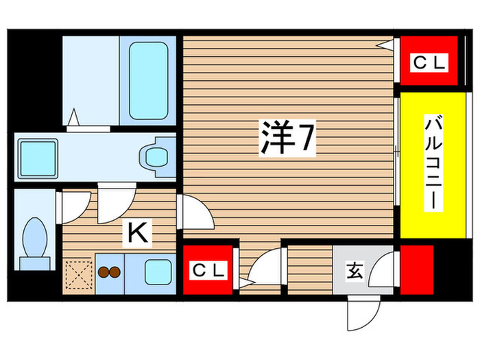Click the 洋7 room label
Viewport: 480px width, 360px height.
[x=287, y=141]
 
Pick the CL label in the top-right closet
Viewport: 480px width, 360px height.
[x=429, y=64]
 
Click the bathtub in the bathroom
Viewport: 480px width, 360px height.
[x=148, y=80]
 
